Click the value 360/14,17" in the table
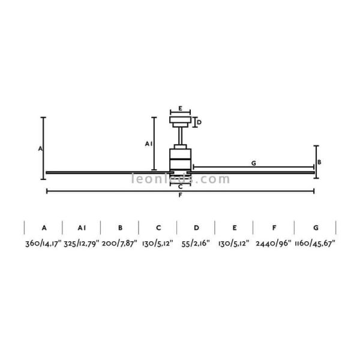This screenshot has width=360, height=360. point(43,244)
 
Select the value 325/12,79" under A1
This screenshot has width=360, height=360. point(82,244)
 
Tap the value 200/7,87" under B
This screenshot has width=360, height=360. point(120,244)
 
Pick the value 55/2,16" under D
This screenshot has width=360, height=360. point(196,244)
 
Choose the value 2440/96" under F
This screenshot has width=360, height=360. point(273,244)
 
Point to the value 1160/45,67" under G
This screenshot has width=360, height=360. point(315,244)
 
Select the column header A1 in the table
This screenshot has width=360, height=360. point(82,228)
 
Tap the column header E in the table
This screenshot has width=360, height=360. point(235,228)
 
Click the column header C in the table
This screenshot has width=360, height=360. point(158,228)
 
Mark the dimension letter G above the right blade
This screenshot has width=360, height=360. point(253,163)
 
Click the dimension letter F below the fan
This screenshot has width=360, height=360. point(180,196)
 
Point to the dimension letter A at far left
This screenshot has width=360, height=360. point(40,148)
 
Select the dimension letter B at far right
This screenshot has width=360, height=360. point(320,162)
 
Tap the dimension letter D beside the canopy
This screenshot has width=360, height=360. point(199,122)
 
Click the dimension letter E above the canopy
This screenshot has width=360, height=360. point(180,109)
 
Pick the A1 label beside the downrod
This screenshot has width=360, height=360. point(148,143)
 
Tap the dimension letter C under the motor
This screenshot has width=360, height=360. point(180,187)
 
